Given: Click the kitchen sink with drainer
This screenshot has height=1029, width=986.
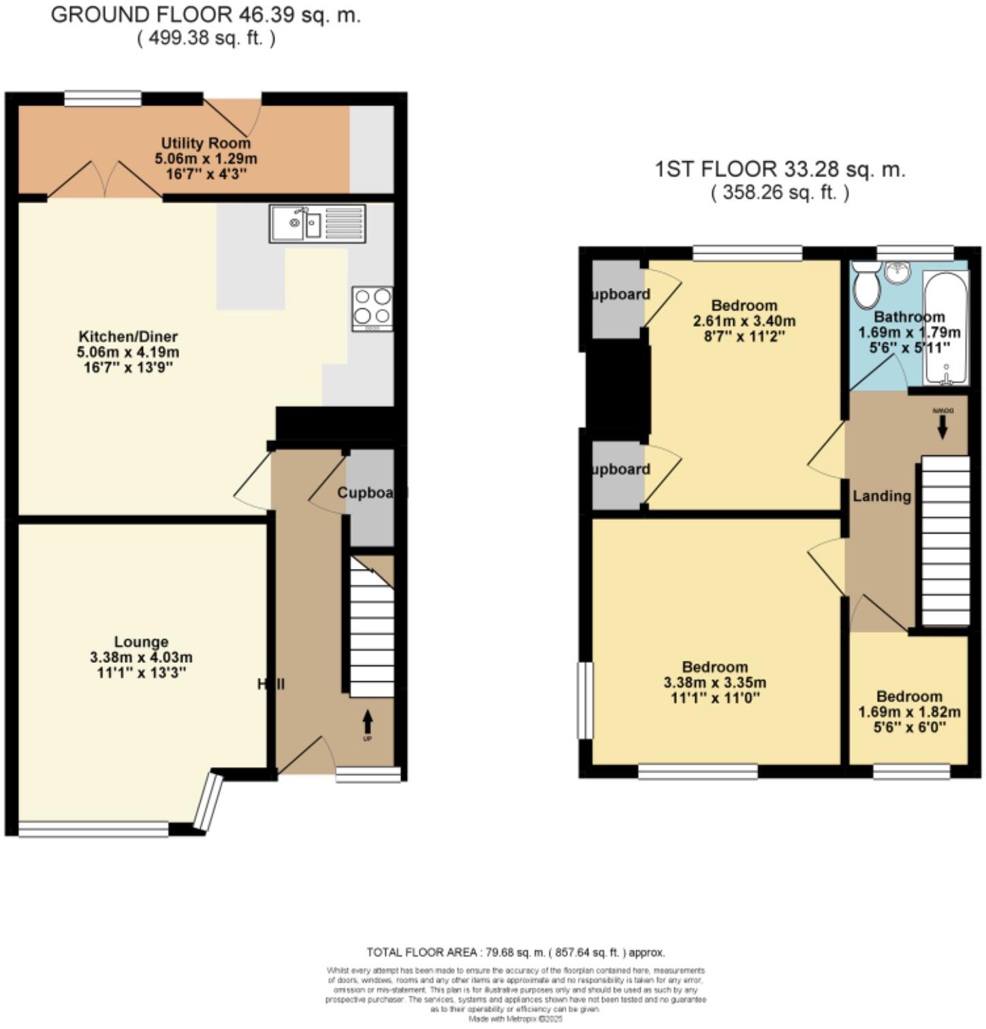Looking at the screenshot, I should click(x=317, y=223).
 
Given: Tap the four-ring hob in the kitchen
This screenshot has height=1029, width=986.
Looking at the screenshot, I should click(x=372, y=308).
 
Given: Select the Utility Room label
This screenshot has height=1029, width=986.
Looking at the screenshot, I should click(x=206, y=143).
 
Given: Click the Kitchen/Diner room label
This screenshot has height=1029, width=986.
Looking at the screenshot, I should click(x=128, y=336).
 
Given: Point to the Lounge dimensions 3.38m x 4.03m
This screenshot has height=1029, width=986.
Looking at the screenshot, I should click(x=141, y=657).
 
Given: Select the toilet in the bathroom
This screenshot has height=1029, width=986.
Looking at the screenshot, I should click(x=866, y=286).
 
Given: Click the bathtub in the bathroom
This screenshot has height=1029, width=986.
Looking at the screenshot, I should click(x=945, y=328).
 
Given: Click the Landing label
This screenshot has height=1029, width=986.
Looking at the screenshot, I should click(x=882, y=496).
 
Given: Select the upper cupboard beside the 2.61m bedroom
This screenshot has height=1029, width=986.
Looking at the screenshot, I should click(x=617, y=298).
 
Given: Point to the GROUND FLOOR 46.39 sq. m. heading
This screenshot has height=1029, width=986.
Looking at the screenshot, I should click(x=206, y=16).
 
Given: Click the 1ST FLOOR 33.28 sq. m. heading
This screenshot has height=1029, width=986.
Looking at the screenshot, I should click(x=780, y=169).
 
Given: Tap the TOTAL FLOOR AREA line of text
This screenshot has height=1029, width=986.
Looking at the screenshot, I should click(x=515, y=952).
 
